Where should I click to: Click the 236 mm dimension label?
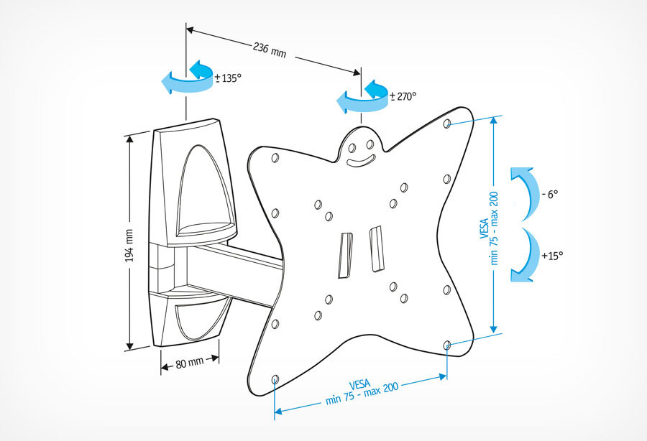point(270,50)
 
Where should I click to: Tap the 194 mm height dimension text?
point(129,244)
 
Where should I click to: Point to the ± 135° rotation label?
point(228,78)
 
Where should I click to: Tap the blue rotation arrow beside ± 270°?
point(362,97)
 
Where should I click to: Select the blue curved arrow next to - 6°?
point(526,191)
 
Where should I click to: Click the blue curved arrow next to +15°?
point(526,256)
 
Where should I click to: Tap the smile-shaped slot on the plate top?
point(362,159)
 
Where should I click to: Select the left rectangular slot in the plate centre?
point(345,253)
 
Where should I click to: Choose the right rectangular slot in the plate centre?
point(375,249)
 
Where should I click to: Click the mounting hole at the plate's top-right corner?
point(447,124)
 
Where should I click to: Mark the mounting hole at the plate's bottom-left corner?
point(276,379)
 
